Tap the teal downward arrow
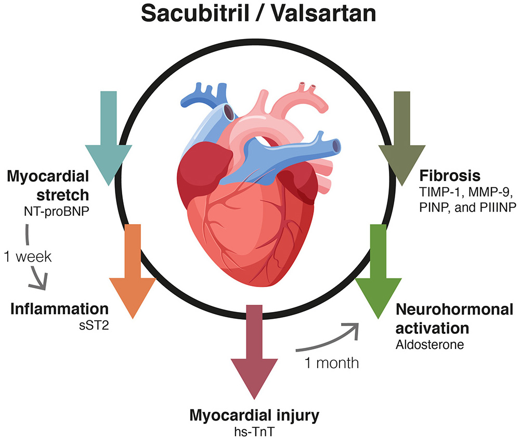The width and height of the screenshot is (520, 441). [x=108, y=140]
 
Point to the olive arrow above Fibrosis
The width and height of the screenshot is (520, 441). [x=402, y=140]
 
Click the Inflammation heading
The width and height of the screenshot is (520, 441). [x=60, y=309]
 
